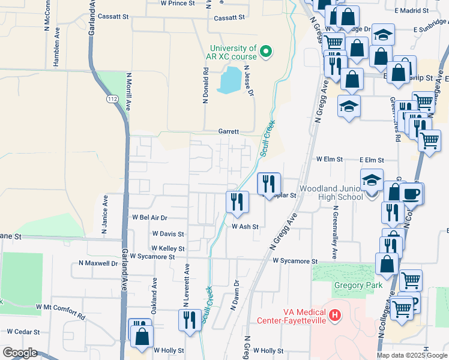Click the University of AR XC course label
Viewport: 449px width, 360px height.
(x=233, y=52)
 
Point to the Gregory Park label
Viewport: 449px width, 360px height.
(x=358, y=286)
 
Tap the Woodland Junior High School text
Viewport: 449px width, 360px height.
(x=331, y=192)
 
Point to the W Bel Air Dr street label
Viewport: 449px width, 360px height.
(x=149, y=217)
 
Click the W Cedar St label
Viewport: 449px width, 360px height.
(x=23, y=331)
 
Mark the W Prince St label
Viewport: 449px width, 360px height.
(x=178, y=3)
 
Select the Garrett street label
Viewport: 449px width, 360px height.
(x=228, y=131)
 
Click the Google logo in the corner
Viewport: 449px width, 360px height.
(x=20, y=352)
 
